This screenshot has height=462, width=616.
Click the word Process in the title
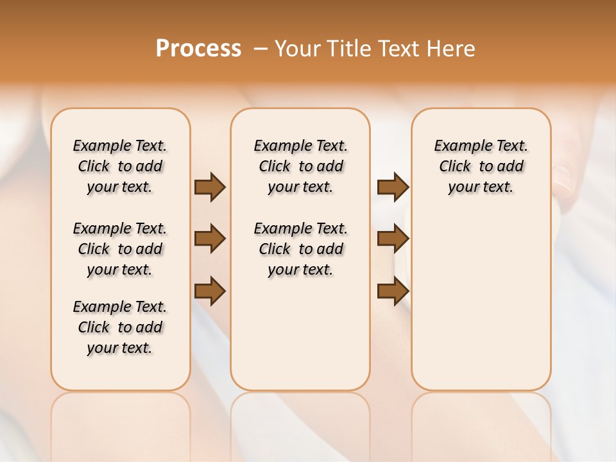[x=198, y=49]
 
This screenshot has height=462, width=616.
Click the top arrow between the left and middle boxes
[x=210, y=187]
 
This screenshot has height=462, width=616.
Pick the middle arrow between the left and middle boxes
[x=210, y=239]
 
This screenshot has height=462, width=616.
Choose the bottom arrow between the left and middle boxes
[x=210, y=291]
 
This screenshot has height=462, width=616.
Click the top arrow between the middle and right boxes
[x=393, y=187]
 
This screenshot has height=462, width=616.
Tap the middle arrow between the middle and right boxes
[x=393, y=239]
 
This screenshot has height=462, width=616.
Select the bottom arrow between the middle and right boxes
[x=393, y=291]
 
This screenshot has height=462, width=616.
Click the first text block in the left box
[x=120, y=166]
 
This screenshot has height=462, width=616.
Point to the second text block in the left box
[x=120, y=249]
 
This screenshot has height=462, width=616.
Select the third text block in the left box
[x=120, y=327]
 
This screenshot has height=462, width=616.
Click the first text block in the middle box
[x=300, y=166]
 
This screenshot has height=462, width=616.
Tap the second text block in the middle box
[x=300, y=249]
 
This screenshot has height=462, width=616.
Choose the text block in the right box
[x=481, y=166]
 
